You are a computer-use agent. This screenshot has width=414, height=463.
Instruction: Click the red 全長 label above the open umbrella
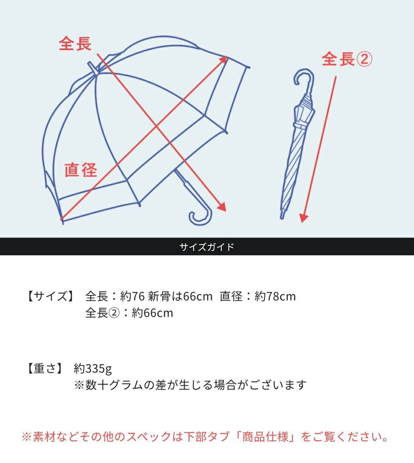(75, 43)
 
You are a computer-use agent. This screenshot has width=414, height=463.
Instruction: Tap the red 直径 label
(81, 170)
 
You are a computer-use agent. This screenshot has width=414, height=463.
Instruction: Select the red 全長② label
(347, 60)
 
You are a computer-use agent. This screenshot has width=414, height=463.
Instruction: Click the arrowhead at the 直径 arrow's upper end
(224, 60)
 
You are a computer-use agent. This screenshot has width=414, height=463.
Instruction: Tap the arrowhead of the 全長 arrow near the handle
(222, 207)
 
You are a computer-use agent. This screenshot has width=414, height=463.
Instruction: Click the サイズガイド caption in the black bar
(207, 247)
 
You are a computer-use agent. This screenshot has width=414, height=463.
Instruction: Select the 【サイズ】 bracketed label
(51, 296)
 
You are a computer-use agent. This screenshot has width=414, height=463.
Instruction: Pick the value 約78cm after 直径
(275, 296)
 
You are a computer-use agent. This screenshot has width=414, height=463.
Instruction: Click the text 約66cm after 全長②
(152, 313)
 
